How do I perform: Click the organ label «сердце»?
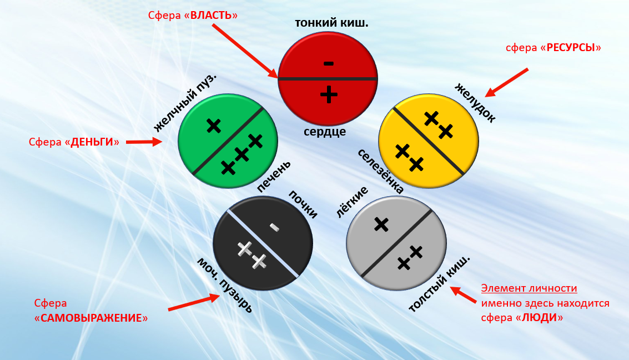click(x=325, y=132)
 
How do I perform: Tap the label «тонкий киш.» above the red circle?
click(x=331, y=23)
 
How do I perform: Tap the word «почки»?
click(x=303, y=204)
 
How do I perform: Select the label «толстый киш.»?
click(x=439, y=285)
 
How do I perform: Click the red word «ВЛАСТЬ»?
click(x=211, y=15)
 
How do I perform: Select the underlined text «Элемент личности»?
click(x=529, y=288)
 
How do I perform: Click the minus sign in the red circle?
click(x=329, y=63)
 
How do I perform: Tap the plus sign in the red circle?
click(x=329, y=94)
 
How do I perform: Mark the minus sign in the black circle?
click(x=274, y=226)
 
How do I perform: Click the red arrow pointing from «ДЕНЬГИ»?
click(x=144, y=142)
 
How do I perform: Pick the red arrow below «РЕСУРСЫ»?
click(x=507, y=82)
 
